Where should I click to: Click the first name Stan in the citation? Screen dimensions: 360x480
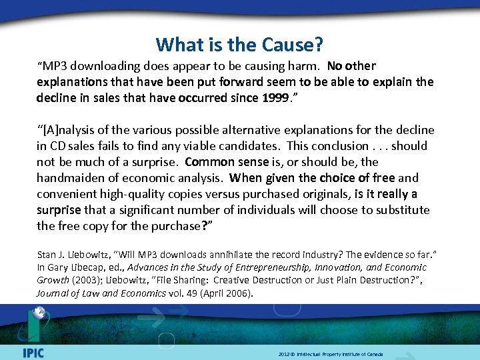pos(48,254)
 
